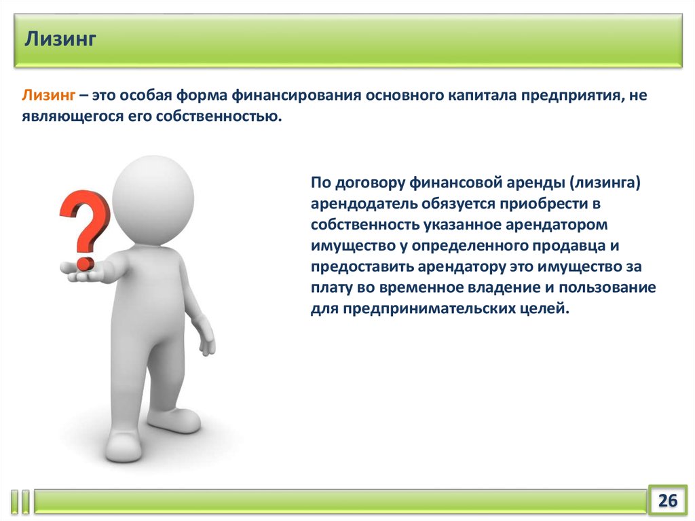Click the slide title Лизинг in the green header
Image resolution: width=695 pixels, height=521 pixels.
tap(60, 39)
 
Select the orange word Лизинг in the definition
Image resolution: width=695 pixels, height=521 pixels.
tap(49, 95)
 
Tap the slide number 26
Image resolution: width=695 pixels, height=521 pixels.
tap(668, 500)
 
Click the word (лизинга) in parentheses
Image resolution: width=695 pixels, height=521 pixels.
tap(605, 183)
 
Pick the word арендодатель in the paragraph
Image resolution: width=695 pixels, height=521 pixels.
tap(364, 204)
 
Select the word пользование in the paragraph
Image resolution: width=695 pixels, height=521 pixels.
tap(607, 287)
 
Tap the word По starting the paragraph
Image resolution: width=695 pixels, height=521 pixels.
tap(321, 183)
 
